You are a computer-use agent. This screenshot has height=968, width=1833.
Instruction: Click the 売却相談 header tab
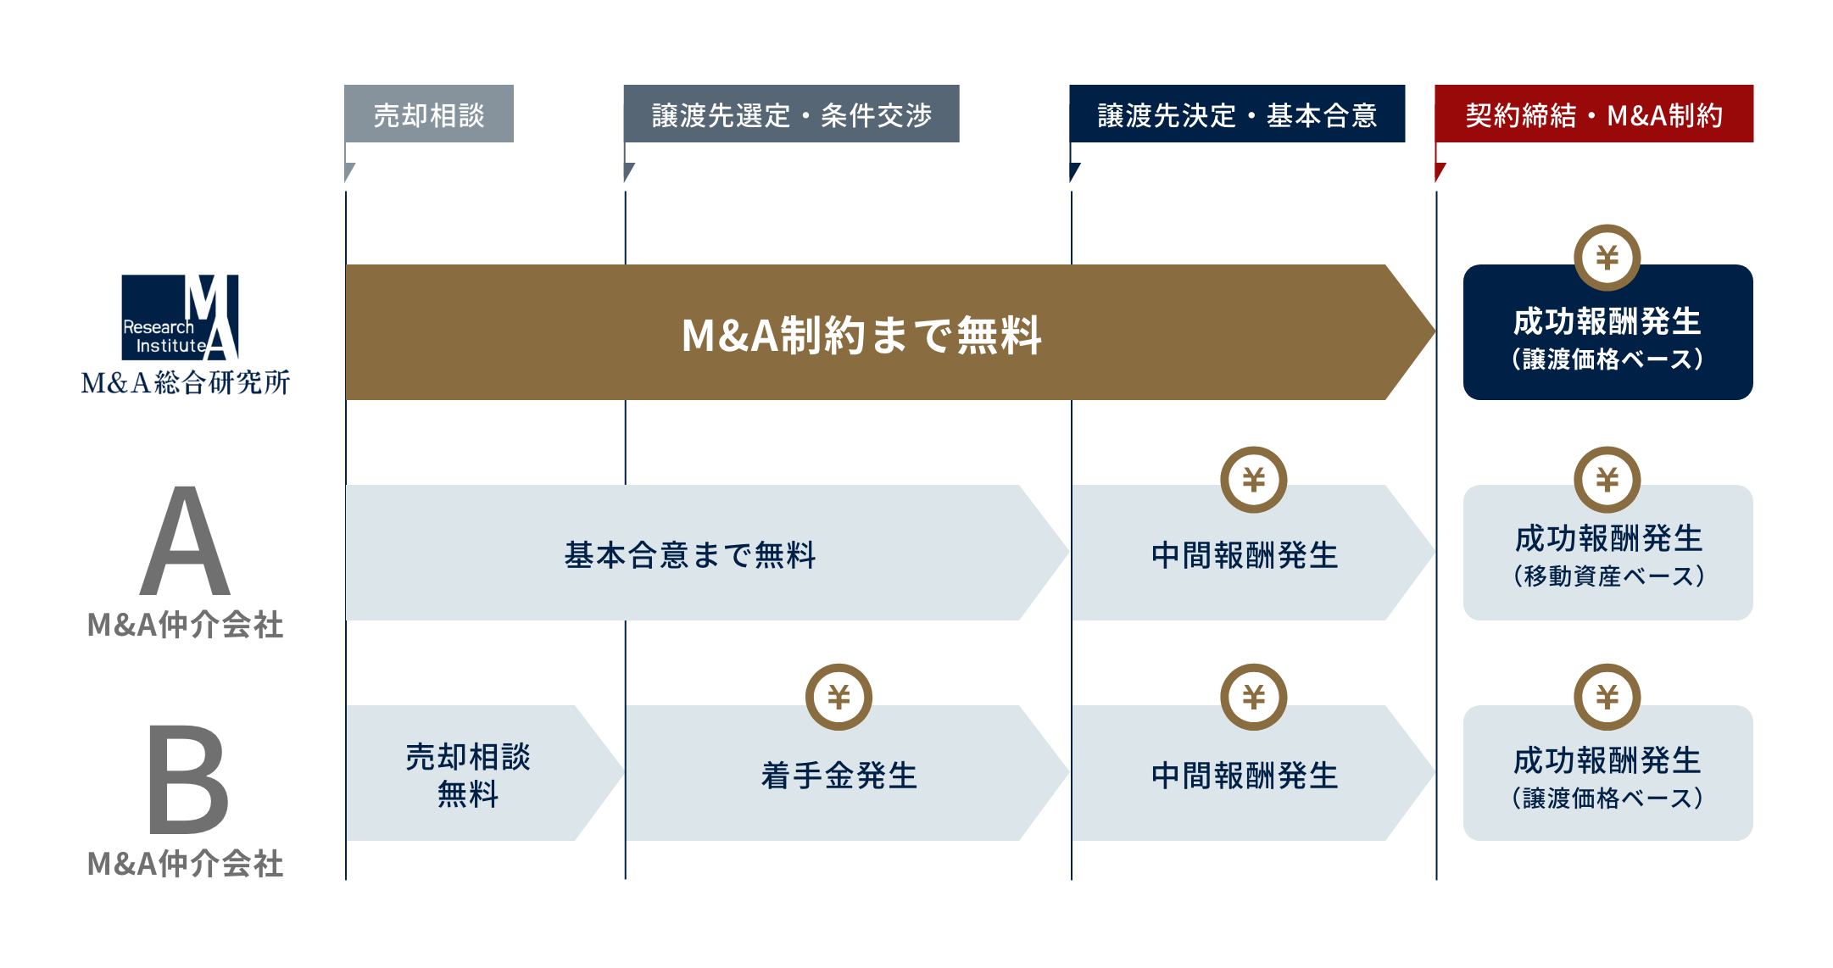[429, 114]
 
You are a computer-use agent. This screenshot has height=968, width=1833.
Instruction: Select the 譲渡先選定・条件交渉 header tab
[791, 114]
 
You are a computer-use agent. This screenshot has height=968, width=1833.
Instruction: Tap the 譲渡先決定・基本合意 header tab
[1237, 114]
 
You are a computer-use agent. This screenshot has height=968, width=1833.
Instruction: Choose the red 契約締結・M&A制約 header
[1594, 114]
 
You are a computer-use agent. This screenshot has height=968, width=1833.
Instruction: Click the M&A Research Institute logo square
[180, 317]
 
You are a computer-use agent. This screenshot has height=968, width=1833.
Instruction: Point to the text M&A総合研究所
[185, 383]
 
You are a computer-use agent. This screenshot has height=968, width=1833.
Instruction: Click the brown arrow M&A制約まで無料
[861, 333]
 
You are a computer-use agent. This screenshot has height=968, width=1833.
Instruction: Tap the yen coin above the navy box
[1607, 257]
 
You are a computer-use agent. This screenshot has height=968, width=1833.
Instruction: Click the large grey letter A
[185, 542]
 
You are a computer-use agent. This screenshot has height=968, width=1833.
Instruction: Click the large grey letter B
[187, 780]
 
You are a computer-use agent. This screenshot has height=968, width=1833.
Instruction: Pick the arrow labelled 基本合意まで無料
[690, 554]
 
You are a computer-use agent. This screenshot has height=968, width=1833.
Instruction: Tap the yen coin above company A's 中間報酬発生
[1253, 480]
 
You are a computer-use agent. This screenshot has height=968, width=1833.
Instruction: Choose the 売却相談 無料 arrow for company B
[468, 775]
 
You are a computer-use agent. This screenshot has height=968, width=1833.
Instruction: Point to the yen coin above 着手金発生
[838, 697]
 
